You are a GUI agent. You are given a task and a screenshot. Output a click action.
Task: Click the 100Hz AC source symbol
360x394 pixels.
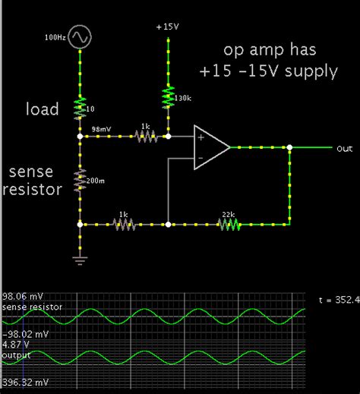[x=81, y=36]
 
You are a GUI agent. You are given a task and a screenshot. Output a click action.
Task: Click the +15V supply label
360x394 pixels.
[x=167, y=27]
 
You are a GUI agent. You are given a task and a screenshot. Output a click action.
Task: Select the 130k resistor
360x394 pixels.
[x=167, y=97]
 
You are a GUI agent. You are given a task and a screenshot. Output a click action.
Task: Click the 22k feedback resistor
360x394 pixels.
[x=229, y=225]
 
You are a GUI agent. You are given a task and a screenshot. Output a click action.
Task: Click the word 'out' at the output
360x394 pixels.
[x=344, y=149]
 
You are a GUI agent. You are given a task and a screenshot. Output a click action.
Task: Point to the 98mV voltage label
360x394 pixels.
[x=101, y=130]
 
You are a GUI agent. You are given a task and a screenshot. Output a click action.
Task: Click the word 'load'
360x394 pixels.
[x=42, y=109]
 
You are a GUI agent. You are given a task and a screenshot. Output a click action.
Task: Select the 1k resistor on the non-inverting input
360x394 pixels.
[x=144, y=137]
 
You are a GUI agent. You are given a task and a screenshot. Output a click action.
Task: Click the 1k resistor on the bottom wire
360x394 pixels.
[x=124, y=225]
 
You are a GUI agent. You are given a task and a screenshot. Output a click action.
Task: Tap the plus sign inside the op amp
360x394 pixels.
[x=201, y=137]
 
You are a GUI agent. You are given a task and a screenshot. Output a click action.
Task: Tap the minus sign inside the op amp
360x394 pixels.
[x=201, y=158]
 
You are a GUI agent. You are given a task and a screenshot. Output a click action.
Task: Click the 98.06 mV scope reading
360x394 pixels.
[x=22, y=297]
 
